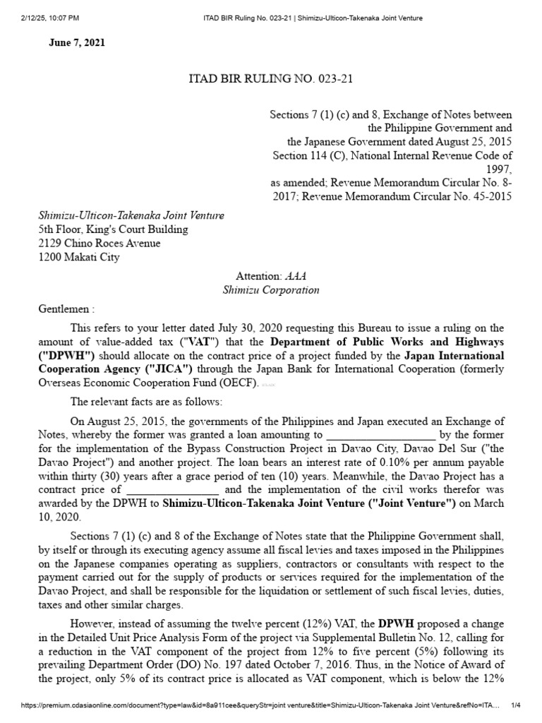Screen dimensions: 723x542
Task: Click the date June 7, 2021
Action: (77, 43)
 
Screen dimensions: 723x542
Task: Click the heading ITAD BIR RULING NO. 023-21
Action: (271, 79)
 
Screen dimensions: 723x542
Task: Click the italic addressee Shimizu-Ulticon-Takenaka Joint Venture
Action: (131, 215)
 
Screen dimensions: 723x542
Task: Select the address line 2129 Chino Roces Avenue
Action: (100, 244)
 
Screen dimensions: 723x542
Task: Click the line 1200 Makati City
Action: (79, 258)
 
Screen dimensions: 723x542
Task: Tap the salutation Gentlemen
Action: (66, 309)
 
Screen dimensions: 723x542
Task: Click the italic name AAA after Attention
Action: (296, 276)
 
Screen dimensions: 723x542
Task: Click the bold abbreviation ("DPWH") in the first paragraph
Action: (67, 355)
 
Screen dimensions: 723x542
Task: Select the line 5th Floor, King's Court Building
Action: (113, 229)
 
